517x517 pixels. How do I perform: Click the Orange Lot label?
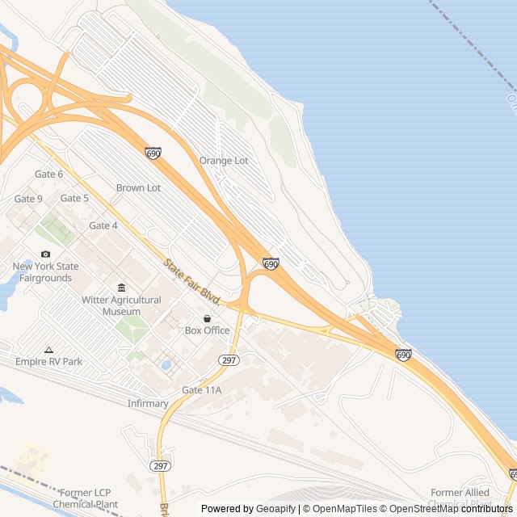[224, 161]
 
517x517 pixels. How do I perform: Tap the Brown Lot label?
[138, 188]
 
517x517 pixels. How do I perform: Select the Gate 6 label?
[49, 174]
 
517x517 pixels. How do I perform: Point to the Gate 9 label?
[29, 199]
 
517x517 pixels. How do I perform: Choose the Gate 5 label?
[75, 199]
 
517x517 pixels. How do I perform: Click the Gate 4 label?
[103, 225]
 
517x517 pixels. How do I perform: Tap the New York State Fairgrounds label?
[45, 272]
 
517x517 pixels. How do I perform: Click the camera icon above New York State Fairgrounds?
[45, 254]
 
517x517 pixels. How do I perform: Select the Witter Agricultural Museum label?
[121, 305]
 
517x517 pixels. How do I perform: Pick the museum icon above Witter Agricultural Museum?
[121, 288]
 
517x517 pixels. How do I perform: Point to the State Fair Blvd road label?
[192, 281]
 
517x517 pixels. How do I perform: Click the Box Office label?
[208, 330]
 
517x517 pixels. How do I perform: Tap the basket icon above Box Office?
[208, 318]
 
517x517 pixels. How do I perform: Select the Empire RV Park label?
[49, 362]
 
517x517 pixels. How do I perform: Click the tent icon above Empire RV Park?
[49, 350]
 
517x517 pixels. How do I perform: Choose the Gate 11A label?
[202, 390]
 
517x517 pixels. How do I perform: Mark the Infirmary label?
[148, 403]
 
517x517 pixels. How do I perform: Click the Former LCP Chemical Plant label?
[86, 498]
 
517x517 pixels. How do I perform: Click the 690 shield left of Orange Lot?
[153, 153]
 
